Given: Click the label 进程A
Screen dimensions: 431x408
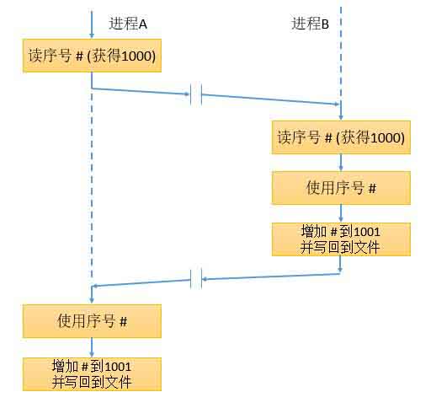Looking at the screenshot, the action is [128, 24].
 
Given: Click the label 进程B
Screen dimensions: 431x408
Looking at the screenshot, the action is [310, 24].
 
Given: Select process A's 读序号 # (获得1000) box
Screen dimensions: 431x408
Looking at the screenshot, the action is [92, 56].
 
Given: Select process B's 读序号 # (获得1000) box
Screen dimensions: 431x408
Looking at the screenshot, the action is [341, 137].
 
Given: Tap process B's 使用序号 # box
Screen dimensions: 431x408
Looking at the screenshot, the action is [341, 188].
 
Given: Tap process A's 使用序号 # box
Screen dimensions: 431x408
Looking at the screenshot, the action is [92, 321].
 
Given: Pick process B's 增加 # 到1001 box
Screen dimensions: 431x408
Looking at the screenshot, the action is [341, 239].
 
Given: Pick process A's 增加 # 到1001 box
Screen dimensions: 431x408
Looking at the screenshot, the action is [92, 374].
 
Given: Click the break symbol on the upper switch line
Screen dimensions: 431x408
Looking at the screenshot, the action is [196, 94].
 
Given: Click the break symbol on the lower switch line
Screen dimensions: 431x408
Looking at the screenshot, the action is [196, 279].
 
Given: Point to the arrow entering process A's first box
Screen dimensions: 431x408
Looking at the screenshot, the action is [92, 24].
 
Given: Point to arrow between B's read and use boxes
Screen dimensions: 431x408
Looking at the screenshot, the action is [341, 163].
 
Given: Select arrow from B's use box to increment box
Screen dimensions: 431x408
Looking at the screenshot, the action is [341, 213].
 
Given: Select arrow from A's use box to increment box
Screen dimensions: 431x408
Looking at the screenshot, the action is [92, 347].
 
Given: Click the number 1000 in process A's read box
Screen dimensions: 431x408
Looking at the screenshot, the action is [136, 56].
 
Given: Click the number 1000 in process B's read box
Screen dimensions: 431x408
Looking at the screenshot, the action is [386, 137].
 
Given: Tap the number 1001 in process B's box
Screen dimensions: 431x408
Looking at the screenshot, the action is [367, 232].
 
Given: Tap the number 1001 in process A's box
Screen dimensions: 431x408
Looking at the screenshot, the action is [118, 367].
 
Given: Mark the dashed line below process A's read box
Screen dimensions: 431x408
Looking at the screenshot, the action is [92, 184].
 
